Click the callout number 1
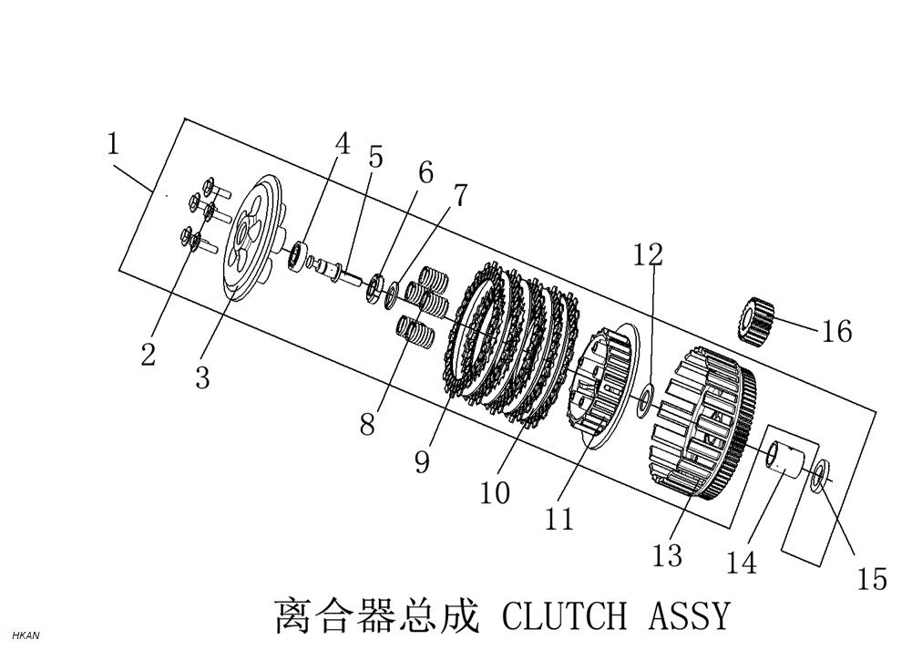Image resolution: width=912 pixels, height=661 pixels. pos(113,144)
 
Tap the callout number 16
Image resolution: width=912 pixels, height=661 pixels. pos(835,331)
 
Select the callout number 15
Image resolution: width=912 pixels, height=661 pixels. pos(872,578)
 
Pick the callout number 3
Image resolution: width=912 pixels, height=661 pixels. pos(202,377)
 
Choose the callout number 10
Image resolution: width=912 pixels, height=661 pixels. pos(495,492)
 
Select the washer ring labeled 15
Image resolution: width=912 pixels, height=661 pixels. pos(820,474)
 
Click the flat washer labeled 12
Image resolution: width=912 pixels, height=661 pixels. pos(646,398)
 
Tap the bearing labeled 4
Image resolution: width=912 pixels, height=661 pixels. pos(296,255)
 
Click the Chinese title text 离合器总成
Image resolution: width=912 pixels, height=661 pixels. pos(376,616)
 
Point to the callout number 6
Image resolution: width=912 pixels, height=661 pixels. pos(425,172)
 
